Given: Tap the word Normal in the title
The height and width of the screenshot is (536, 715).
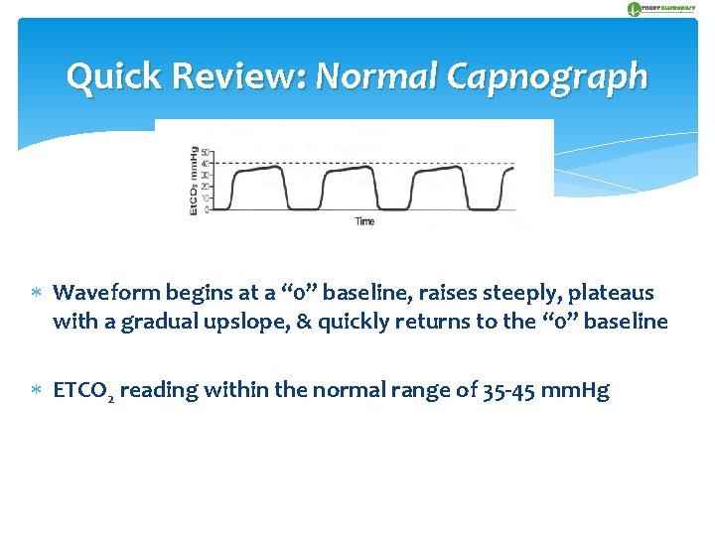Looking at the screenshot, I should coord(378,76).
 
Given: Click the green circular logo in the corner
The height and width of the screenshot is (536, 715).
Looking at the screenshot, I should coord(634,9).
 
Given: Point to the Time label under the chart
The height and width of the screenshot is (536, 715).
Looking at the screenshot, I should coord(364,221).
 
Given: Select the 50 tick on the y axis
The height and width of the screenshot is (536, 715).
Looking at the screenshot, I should coord(205,152).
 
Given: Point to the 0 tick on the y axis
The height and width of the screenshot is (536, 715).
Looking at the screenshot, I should coord(207,209).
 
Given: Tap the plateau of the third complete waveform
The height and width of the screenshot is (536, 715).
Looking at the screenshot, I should coord(437,170).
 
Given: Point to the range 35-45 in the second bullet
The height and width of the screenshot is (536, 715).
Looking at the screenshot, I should coord(503,390).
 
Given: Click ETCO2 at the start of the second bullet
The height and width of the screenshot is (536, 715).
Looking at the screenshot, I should coord(81,390).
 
